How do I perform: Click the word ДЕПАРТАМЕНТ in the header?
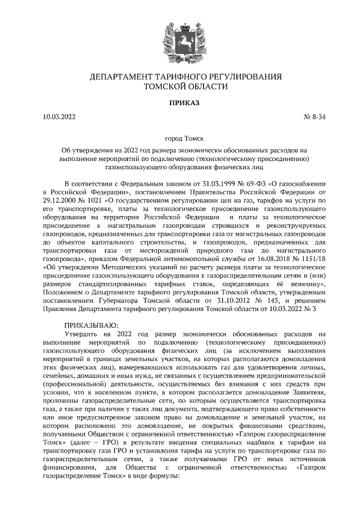click(127, 76)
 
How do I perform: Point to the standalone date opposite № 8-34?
click(59, 118)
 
